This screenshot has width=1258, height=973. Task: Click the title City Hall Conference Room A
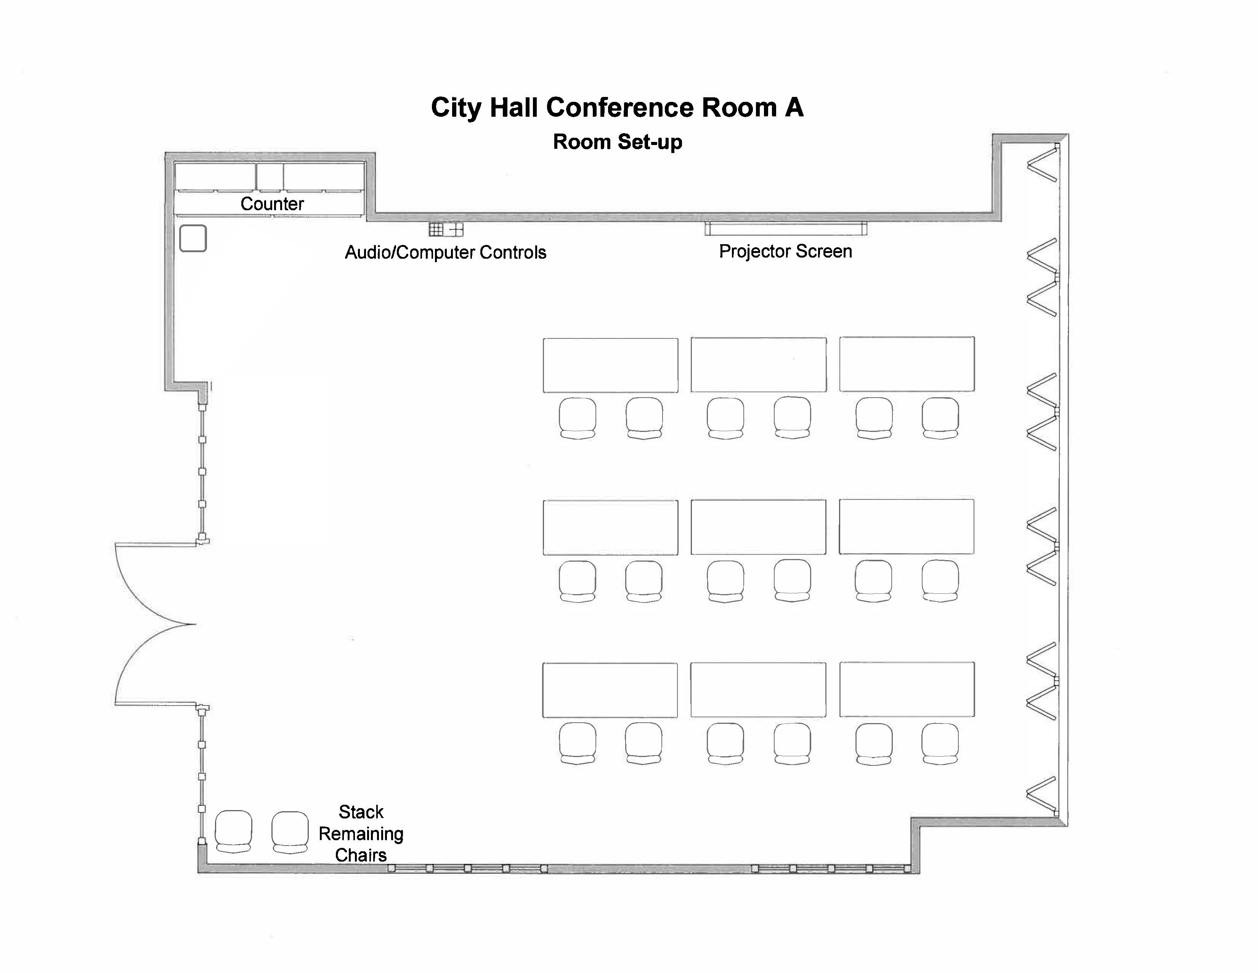pos(617,108)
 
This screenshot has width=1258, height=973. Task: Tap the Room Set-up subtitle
pos(618,142)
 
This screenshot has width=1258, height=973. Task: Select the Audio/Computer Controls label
pos(445,253)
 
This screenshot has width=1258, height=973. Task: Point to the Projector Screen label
pos(785,251)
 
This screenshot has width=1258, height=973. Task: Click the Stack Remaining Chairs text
pos(361,833)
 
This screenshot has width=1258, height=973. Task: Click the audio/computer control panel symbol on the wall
pos(446,229)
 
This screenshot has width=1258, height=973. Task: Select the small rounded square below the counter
pos(193,238)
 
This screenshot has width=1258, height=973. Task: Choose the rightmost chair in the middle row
pos(940,581)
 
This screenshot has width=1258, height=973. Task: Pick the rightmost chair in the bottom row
pos(940,744)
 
